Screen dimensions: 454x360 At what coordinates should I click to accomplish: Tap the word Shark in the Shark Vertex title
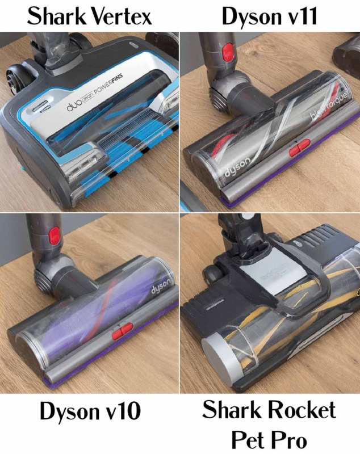click(53, 16)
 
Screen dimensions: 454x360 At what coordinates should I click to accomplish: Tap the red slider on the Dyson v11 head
click(299, 149)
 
